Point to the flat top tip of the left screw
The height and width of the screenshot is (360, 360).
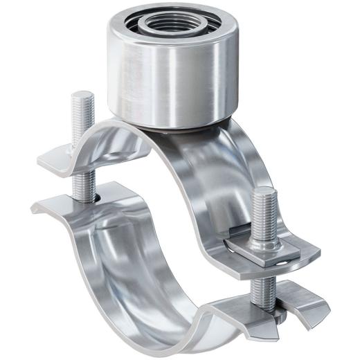click(82, 96)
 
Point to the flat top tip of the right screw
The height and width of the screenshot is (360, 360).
click(264, 192)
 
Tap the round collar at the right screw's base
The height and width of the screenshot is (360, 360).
click(264, 235)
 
